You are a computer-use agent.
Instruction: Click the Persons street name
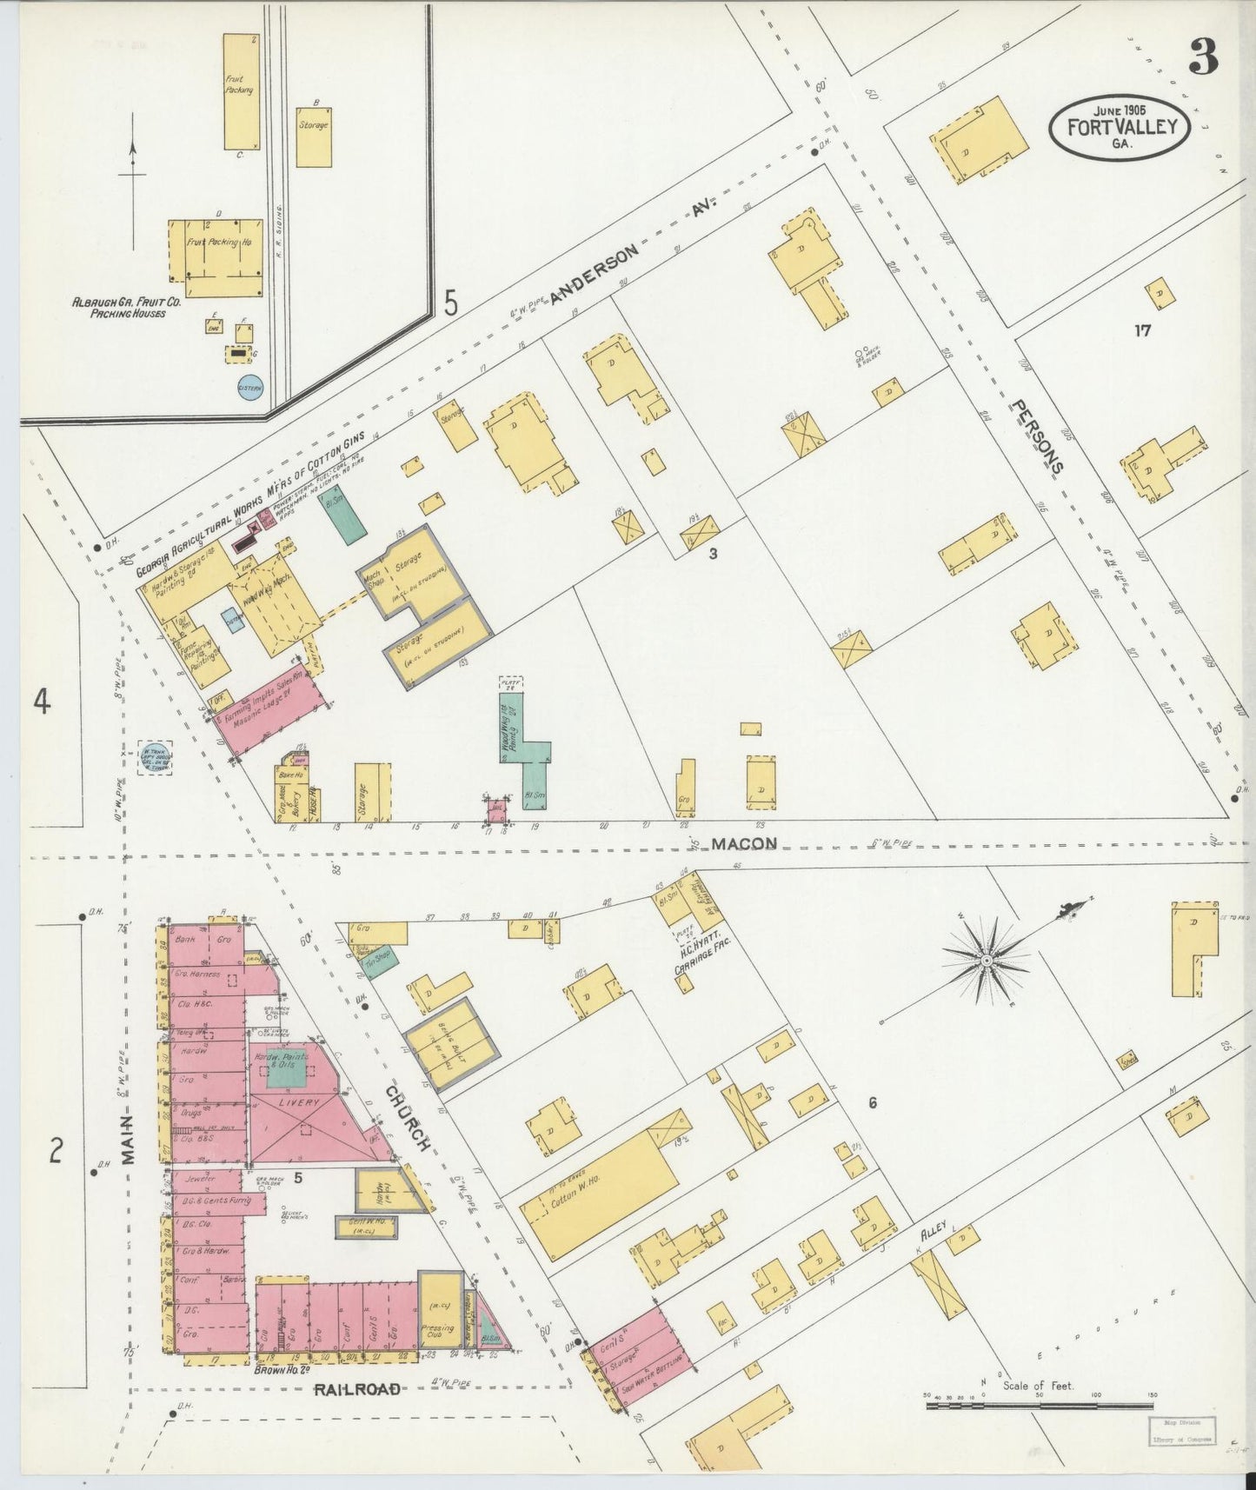pos(1037,436)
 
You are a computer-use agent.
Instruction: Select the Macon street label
pos(741,843)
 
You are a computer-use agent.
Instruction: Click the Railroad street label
pos(357,1388)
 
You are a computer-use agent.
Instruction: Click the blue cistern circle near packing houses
pos(249,389)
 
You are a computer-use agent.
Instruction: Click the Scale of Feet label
pos(1038,1385)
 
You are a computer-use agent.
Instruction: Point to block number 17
pos(1142,330)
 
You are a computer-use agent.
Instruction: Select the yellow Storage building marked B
pos(314,136)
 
